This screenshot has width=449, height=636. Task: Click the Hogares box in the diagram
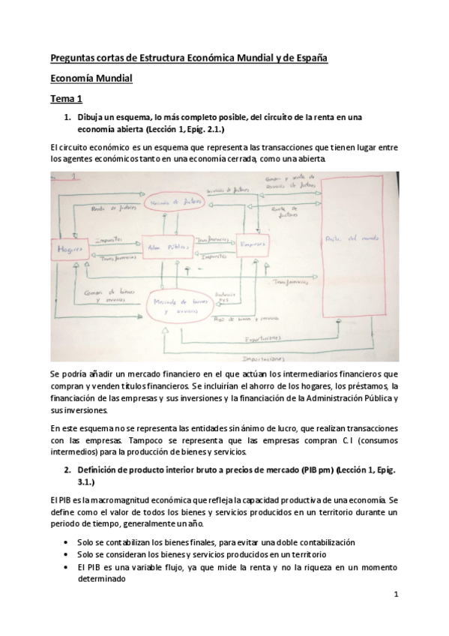68,247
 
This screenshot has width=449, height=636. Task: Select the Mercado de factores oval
184,204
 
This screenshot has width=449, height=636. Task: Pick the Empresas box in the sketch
253,244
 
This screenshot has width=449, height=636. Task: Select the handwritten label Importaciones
269,356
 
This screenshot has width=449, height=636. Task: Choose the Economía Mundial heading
91,77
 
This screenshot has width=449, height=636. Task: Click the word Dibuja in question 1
94,116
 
